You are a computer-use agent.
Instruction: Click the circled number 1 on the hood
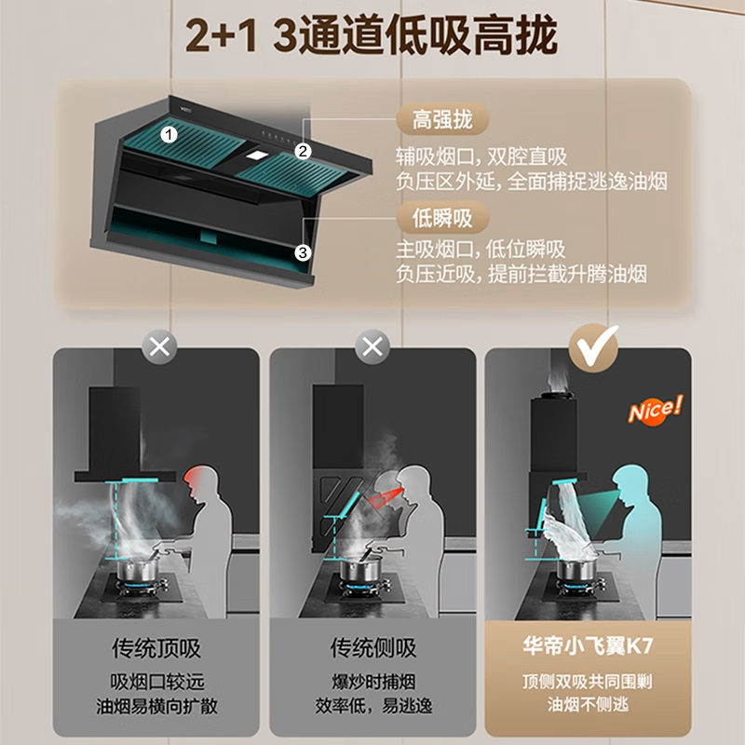click(169, 133)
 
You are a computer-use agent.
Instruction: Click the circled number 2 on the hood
click(303, 152)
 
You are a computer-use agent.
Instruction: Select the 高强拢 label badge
click(442, 120)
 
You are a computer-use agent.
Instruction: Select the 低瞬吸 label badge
click(442, 219)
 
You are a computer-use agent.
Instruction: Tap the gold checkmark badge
click(593, 347)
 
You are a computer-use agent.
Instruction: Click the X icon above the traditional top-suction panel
click(159, 348)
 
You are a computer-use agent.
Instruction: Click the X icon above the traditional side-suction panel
click(372, 348)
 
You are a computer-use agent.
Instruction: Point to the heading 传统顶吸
click(156, 648)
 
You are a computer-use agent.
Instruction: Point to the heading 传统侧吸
click(372, 648)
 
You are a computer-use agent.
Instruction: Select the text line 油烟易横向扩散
click(156, 705)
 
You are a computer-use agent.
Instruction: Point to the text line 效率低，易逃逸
click(372, 705)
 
